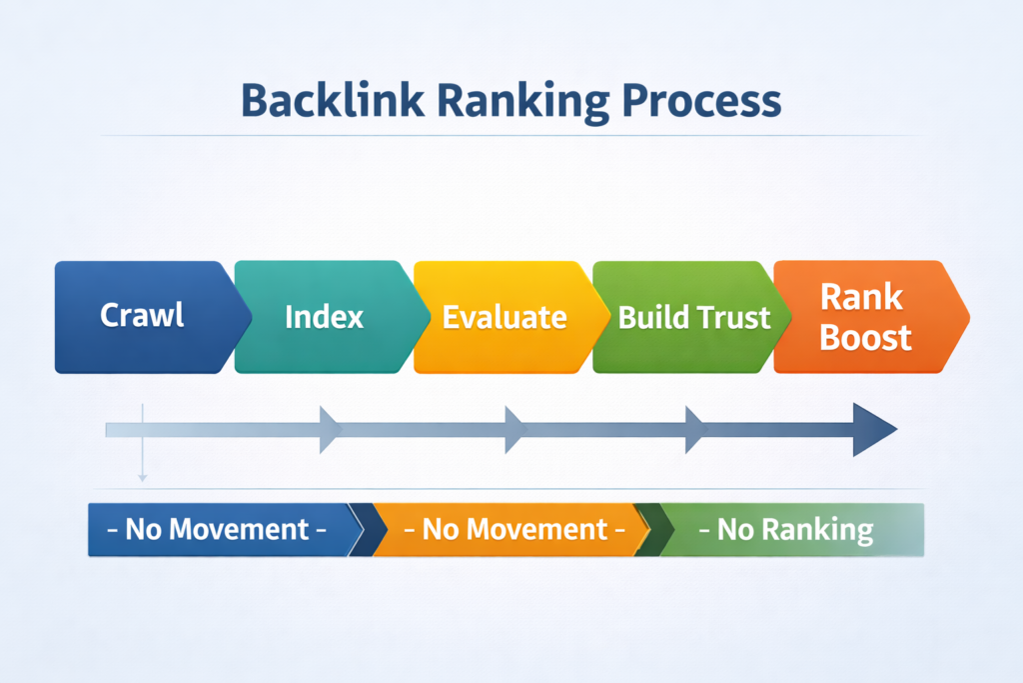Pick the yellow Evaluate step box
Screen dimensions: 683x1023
505,317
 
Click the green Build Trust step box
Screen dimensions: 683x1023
689,317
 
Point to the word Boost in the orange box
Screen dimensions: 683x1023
865,337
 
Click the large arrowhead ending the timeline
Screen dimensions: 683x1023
873,430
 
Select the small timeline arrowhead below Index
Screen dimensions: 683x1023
330,430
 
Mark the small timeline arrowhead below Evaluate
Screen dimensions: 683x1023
514,430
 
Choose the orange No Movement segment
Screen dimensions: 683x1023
510,529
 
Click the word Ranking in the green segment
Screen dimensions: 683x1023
823,529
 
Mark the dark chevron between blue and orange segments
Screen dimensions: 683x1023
372,529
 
